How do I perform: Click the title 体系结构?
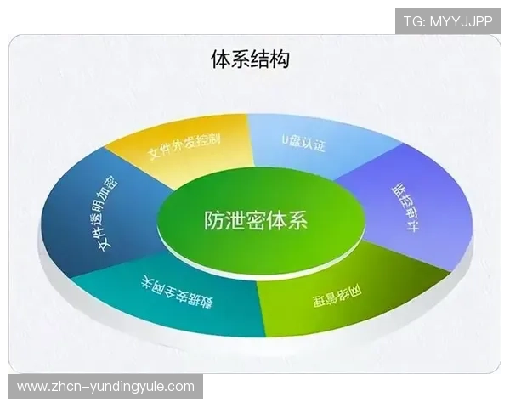[250, 59]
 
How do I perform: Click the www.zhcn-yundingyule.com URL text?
[105, 387]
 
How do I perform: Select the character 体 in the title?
[220, 59]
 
